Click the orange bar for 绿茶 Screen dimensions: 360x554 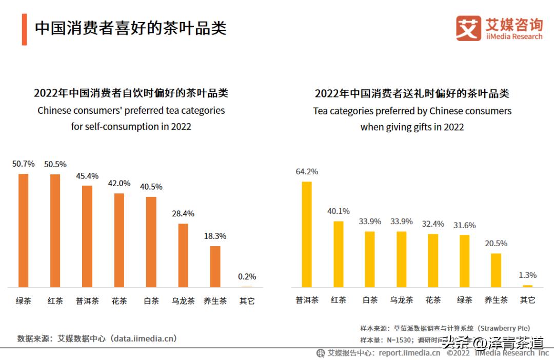(24, 230)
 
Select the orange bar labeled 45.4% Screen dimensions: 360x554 (87, 236)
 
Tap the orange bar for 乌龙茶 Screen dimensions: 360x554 (183, 255)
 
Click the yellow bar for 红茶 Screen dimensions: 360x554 (339, 254)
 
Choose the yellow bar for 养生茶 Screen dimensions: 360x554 (496, 270)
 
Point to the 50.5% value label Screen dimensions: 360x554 (55, 164)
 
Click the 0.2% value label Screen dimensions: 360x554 (247, 276)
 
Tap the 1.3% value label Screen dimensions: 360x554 (528, 275)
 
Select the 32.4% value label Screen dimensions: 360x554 (433, 224)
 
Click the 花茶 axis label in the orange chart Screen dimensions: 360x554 (119, 301)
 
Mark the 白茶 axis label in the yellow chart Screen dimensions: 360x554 (370, 300)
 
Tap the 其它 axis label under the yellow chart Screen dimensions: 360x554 (527, 300)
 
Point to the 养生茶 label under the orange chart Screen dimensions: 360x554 (215, 301)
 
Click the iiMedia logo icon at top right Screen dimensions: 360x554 (468, 28)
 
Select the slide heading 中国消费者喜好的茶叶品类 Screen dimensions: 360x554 (130, 28)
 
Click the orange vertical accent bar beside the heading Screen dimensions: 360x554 (24, 30)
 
